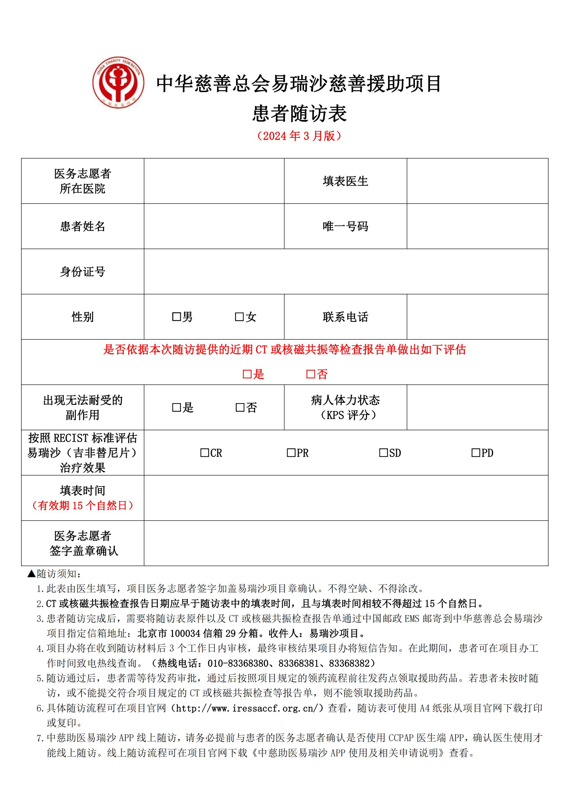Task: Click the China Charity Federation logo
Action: click(x=118, y=83)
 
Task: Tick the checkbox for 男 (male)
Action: click(x=176, y=317)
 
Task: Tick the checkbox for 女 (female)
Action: click(x=239, y=317)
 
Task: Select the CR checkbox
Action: click(x=204, y=453)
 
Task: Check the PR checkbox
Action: click(x=291, y=453)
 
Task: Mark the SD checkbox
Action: click(x=383, y=453)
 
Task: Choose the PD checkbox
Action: click(x=476, y=453)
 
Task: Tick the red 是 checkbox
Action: click(x=247, y=374)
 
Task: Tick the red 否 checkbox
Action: click(x=311, y=374)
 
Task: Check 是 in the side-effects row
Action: click(x=176, y=407)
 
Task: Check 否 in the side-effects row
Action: click(x=240, y=407)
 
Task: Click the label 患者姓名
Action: click(x=82, y=226)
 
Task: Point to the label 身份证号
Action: click(x=82, y=271)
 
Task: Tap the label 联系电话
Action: click(x=345, y=317)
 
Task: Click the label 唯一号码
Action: click(x=345, y=226)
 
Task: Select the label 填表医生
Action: click(x=345, y=181)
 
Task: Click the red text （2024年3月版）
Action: click(x=299, y=136)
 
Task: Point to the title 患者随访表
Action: click(x=299, y=113)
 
